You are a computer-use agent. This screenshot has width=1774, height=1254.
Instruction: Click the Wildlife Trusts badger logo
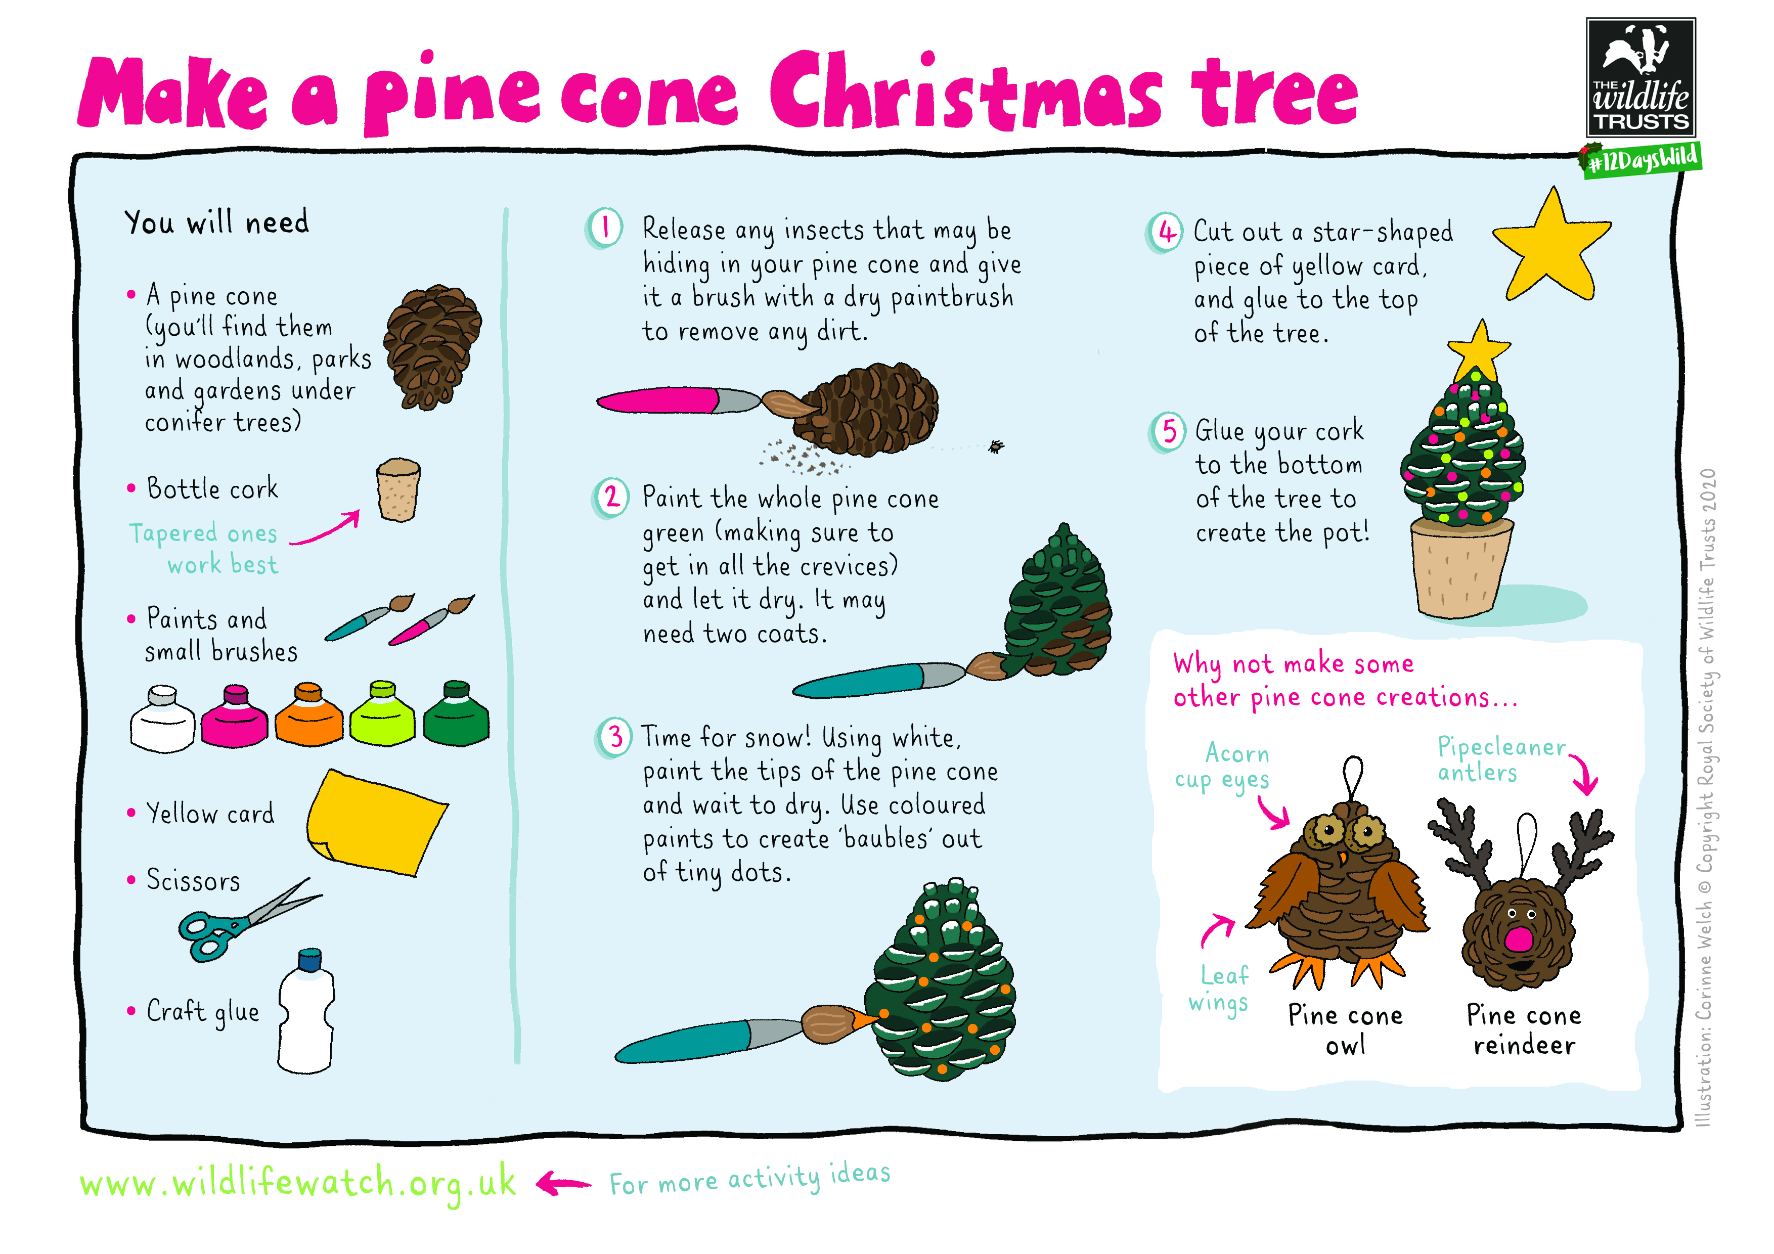pos(1640,77)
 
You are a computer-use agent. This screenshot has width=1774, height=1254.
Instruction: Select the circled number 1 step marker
pos(604,229)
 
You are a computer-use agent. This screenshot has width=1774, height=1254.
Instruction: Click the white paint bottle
pos(162,719)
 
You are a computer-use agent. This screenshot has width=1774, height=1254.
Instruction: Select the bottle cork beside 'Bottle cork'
pos(398,490)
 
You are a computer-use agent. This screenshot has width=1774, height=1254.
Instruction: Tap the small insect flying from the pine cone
pos(995,446)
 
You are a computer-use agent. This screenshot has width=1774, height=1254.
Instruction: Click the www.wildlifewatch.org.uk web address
pos(297,1183)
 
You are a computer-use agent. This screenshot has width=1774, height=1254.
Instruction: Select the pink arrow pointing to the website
pos(563,1182)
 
